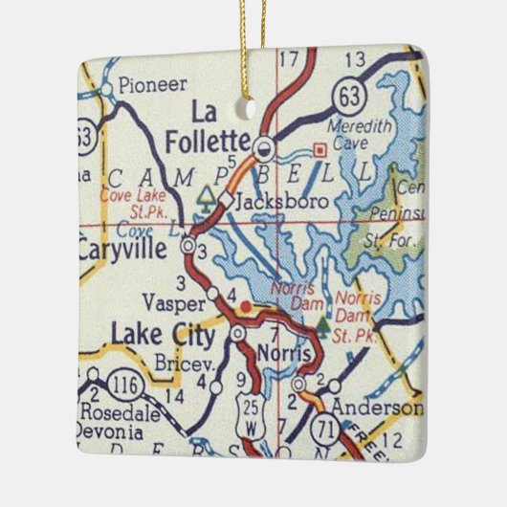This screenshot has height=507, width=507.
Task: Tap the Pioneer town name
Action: click(x=148, y=85)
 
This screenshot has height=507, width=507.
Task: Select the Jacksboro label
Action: click(x=274, y=201)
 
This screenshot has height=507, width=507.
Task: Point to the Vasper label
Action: click(x=173, y=302)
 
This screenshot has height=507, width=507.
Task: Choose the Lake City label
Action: click(x=164, y=335)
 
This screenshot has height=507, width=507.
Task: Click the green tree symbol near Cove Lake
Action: click(x=205, y=198)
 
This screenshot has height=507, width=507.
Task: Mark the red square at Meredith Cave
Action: click(x=320, y=149)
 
